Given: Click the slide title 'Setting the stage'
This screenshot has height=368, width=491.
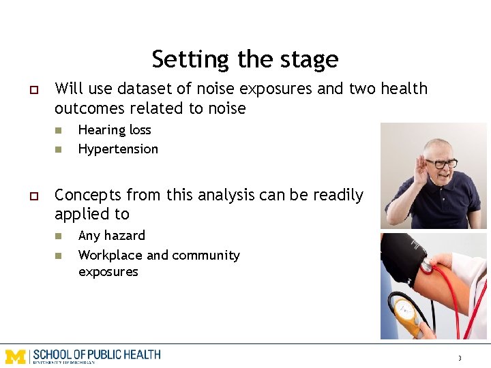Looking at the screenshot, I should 245,59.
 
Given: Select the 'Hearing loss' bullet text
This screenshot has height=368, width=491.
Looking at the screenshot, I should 115,129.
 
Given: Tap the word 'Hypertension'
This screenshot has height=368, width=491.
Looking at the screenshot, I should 118,149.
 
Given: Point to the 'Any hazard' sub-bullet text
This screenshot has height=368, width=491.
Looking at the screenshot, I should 112,236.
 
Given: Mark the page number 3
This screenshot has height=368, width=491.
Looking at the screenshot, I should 460,358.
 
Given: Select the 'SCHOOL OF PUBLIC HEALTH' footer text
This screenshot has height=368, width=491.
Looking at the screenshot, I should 96,354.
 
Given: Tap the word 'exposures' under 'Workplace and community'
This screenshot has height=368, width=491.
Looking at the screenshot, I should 108,271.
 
